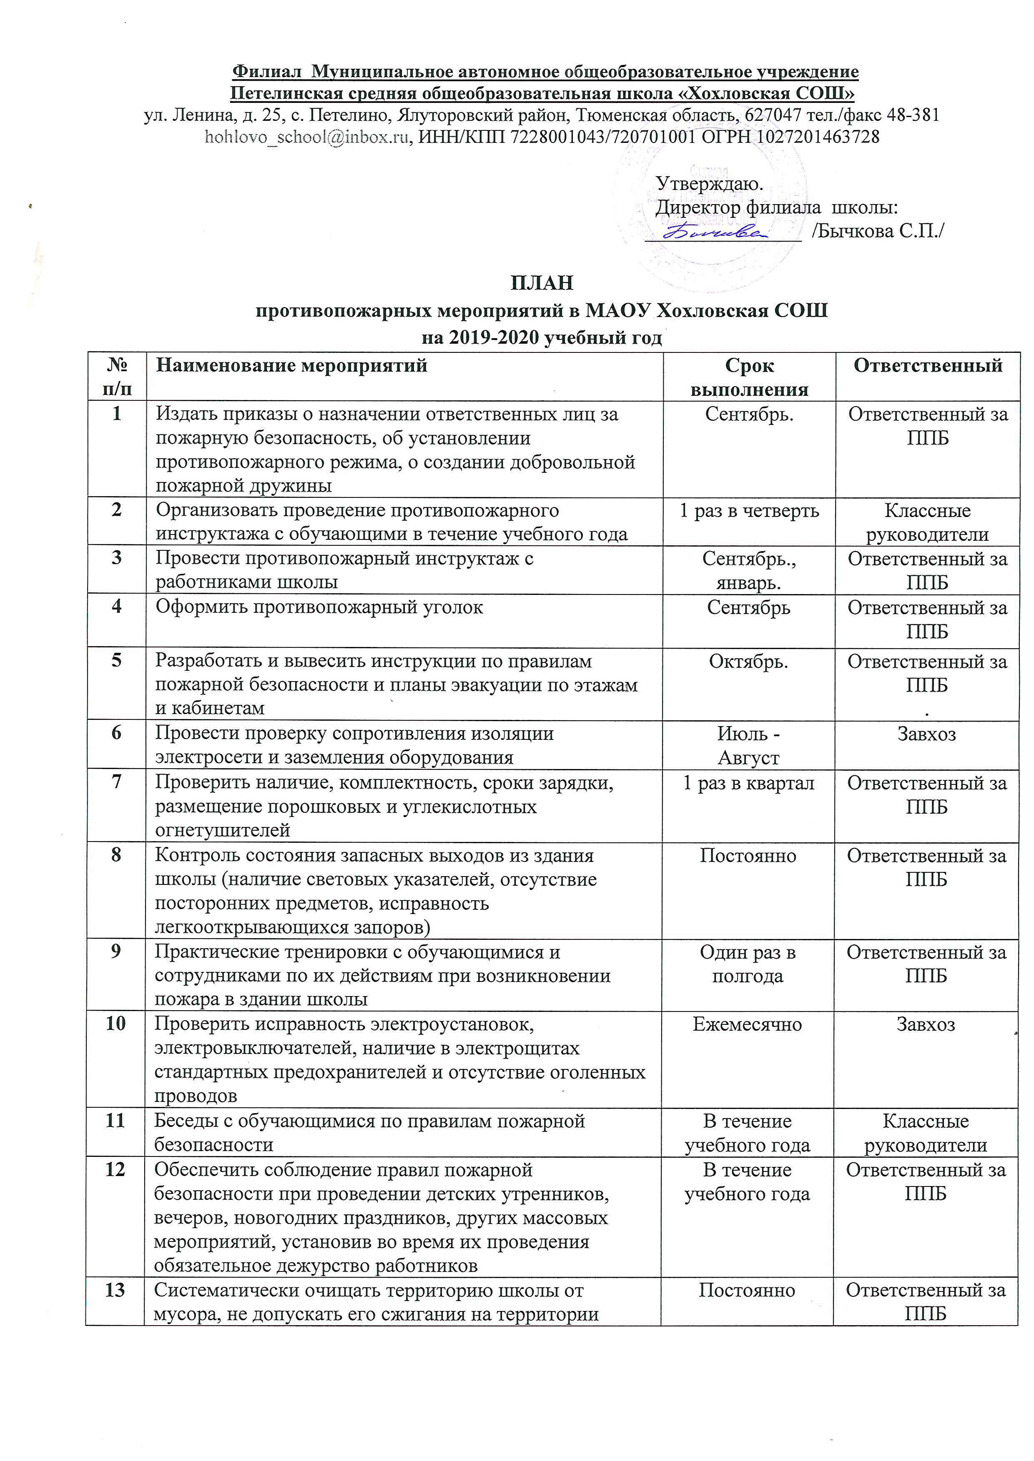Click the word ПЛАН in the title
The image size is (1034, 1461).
(x=542, y=282)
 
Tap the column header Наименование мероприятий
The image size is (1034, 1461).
(x=291, y=365)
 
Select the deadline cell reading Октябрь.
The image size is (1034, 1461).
(x=749, y=662)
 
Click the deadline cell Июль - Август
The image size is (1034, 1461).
(x=749, y=746)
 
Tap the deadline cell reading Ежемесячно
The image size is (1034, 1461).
(x=748, y=1024)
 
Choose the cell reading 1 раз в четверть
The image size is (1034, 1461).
(x=749, y=511)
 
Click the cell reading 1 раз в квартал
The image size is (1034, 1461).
(x=749, y=783)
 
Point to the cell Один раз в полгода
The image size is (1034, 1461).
(x=748, y=964)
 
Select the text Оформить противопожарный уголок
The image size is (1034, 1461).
(x=320, y=608)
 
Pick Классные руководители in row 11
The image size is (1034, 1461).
(x=926, y=1133)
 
